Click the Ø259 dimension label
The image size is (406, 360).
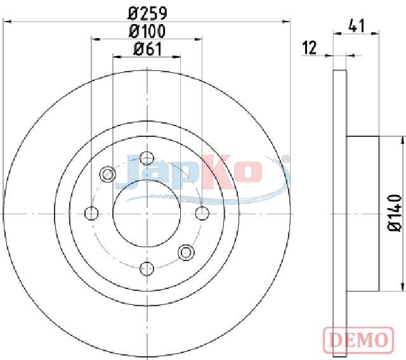pos(147,13)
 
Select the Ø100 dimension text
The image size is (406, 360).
pos(147,31)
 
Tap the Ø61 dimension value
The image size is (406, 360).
pos(147,49)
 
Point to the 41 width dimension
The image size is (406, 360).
pos(357,25)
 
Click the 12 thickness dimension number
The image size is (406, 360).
pos(310,48)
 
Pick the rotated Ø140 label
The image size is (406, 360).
pos(395,212)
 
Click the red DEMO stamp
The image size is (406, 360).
pos(358,339)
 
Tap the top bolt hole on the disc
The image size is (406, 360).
pos(147,158)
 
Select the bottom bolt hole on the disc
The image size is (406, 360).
pos(147,269)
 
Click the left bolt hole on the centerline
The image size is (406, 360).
pos(91,214)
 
